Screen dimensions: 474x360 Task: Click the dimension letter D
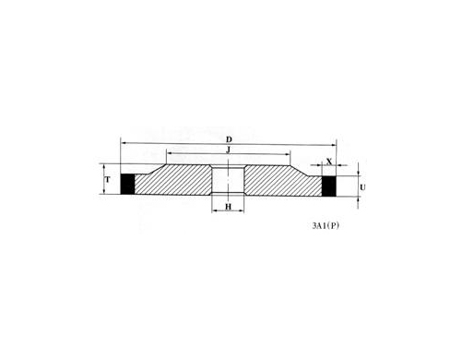tap(229, 139)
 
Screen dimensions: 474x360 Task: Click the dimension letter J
tap(228, 150)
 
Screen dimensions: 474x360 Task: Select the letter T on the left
tap(108, 179)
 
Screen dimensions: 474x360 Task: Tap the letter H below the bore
tap(228, 207)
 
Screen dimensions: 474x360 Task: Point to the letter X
tap(329, 162)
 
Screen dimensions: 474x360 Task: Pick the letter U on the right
tap(362, 187)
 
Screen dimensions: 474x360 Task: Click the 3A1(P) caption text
tap(326, 226)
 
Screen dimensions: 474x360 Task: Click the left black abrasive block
tap(127, 184)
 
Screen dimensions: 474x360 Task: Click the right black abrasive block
tap(329, 186)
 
